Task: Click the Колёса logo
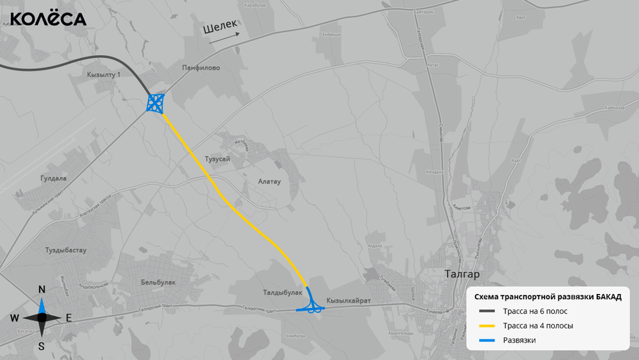(48, 19)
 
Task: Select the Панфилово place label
(201, 67)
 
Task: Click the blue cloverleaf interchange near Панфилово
(155, 103)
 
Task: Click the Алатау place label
(270, 180)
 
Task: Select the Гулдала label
(53, 178)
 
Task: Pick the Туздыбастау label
(66, 250)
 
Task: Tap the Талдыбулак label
(282, 293)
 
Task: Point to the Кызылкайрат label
(349, 301)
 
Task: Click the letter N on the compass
(42, 290)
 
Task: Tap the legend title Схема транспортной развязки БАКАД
(548, 297)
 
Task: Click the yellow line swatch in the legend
(487, 326)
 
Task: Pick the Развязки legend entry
(520, 340)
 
